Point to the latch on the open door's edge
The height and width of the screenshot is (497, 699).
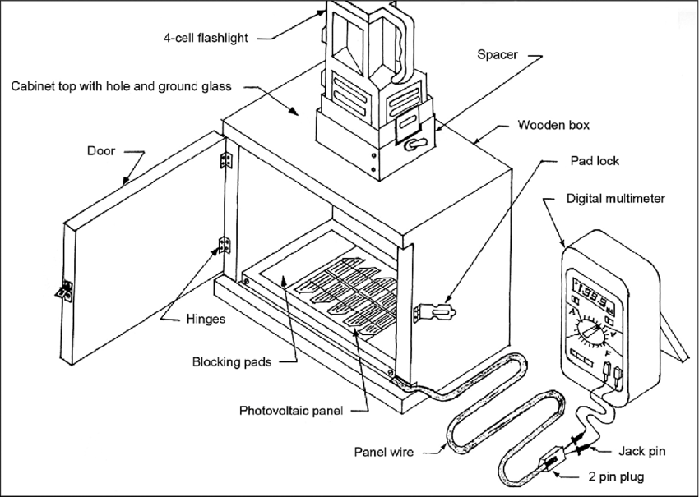tap(64, 288)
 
